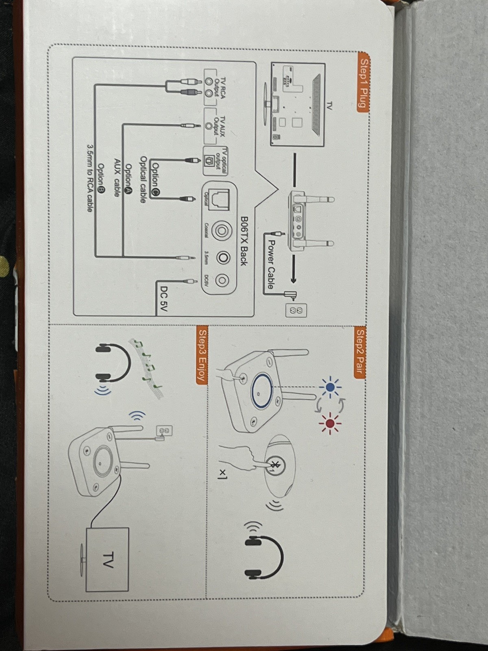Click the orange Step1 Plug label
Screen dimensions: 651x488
[x=363, y=81]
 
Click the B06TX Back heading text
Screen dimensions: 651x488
[x=244, y=240]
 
